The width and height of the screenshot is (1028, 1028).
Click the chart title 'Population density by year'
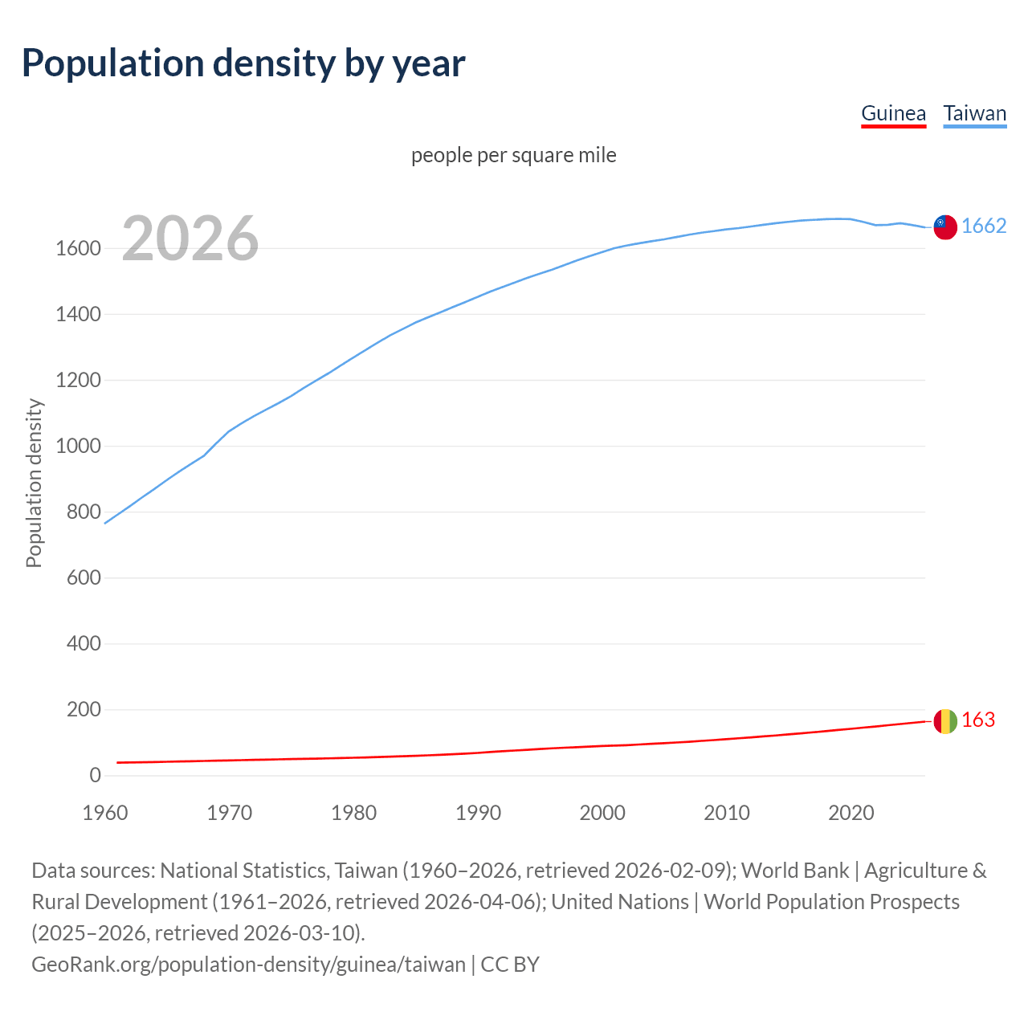click(x=243, y=63)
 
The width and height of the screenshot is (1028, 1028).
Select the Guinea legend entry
click(x=893, y=113)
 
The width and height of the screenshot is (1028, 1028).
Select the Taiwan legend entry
click(x=974, y=113)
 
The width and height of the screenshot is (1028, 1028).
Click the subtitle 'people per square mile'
click(x=513, y=155)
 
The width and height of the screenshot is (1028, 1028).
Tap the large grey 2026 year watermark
click(x=190, y=239)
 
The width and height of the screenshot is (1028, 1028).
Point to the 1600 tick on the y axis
click(x=78, y=249)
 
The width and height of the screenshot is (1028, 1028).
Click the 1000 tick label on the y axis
click(x=78, y=447)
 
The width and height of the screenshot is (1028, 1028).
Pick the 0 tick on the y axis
click(x=95, y=776)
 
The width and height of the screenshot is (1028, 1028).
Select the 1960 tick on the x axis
click(x=105, y=813)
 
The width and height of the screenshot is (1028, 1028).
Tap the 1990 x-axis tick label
click(x=478, y=813)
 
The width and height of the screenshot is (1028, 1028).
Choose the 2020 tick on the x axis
click(x=851, y=813)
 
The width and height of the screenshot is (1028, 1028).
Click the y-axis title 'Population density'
click(x=34, y=483)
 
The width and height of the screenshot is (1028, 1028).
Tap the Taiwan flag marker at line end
click(x=945, y=227)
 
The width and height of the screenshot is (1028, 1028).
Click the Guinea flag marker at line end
click(x=945, y=721)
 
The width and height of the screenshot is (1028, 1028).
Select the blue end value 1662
click(x=984, y=226)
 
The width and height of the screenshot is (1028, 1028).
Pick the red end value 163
click(x=978, y=720)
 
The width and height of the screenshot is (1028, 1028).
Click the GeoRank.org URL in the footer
click(x=248, y=965)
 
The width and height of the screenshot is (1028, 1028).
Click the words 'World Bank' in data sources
click(x=794, y=871)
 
